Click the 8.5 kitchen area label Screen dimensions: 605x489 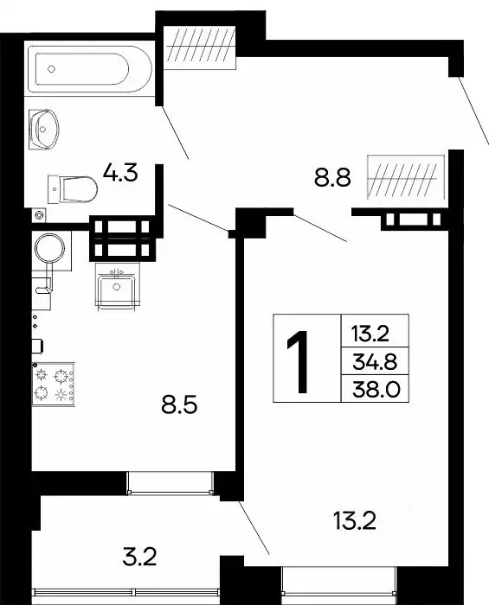[x=181, y=403]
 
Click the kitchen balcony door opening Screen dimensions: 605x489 [x=170, y=482]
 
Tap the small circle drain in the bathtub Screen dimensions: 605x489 [x=50, y=67]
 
